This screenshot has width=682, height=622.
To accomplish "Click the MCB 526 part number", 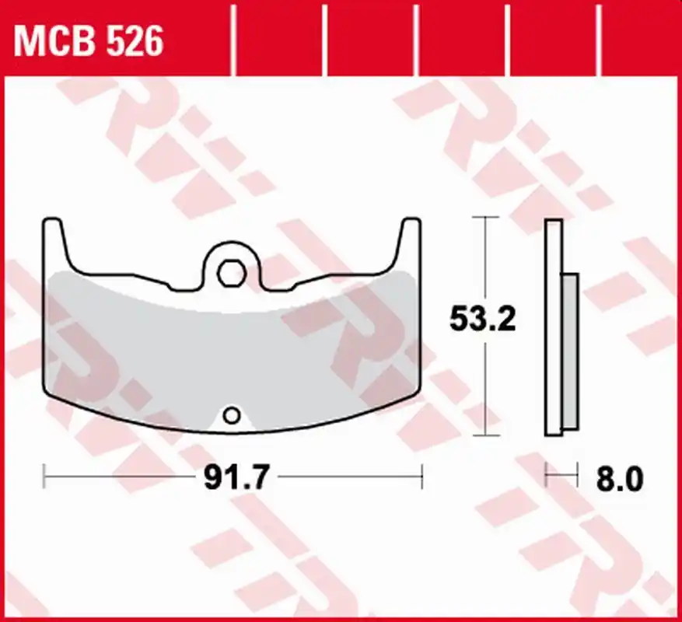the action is [89, 41].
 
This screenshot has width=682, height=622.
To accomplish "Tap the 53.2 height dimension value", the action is [482, 319].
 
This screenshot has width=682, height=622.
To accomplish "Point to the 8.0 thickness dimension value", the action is [619, 480].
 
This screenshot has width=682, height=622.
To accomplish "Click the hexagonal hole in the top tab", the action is [232, 274].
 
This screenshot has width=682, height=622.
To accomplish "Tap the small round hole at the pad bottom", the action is [232, 415].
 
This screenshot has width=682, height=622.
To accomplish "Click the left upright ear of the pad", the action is [54, 243].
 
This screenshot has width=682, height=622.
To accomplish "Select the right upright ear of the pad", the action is [409, 243].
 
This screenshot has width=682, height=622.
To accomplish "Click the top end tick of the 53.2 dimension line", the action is [485, 217].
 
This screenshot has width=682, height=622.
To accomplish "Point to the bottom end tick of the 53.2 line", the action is [485, 435].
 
